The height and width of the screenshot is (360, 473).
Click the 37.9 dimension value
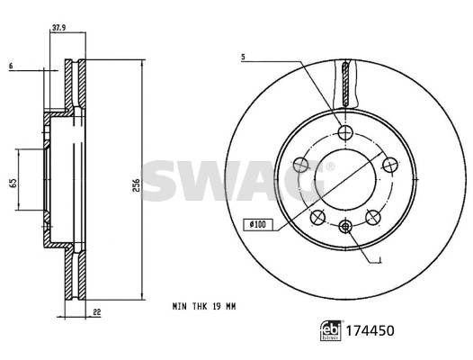[x=59, y=28]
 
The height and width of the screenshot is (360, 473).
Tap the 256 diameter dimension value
[x=137, y=185]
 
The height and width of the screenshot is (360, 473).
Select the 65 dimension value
[x=13, y=183]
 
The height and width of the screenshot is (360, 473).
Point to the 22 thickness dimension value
[x=96, y=312]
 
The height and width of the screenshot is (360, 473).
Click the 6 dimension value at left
[x=11, y=66]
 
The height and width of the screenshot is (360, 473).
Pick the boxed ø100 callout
[x=258, y=224]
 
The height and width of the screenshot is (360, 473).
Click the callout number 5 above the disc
[x=243, y=57]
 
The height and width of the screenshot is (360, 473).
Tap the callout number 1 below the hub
[x=380, y=259]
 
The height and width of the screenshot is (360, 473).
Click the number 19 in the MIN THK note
[x=217, y=307]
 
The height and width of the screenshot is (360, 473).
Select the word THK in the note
[x=200, y=307]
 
